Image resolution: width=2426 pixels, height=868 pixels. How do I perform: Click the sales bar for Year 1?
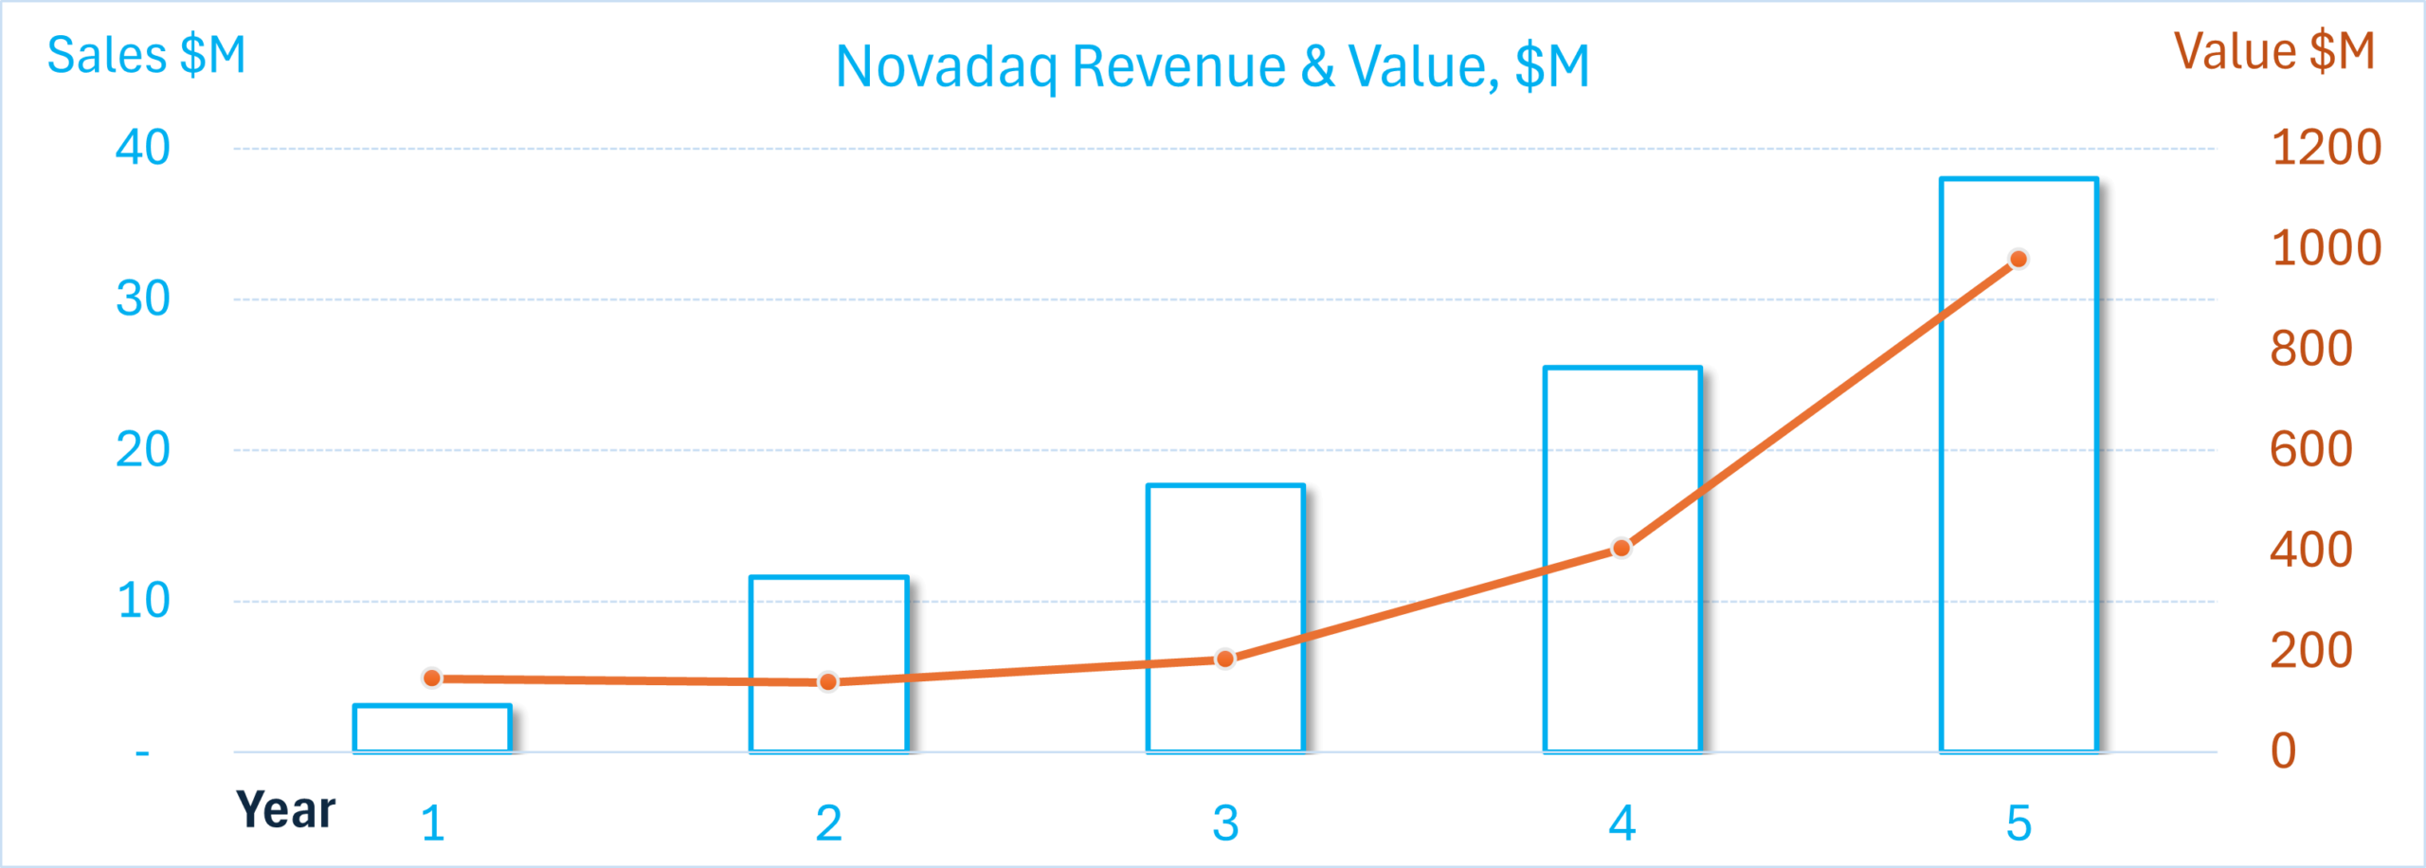click(432, 729)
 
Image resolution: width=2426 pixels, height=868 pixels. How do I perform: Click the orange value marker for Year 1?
click(432, 678)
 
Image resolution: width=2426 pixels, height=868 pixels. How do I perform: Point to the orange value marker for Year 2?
click(828, 681)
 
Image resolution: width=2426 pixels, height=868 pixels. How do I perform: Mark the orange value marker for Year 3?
click(1225, 659)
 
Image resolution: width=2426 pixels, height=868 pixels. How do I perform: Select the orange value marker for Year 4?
click(1621, 548)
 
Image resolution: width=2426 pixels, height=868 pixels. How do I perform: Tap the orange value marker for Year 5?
click(2019, 259)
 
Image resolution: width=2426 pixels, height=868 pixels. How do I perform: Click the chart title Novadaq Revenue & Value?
click(1212, 67)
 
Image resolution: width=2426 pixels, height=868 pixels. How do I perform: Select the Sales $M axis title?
click(146, 55)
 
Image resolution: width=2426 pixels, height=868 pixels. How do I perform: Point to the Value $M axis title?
click(2274, 51)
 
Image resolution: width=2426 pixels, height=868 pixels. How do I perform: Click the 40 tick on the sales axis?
click(142, 148)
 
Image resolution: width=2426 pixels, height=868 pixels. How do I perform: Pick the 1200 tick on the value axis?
click(2326, 148)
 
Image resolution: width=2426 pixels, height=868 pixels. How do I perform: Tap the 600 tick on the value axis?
click(2310, 449)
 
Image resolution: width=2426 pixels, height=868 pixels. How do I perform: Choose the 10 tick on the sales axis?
click(142, 601)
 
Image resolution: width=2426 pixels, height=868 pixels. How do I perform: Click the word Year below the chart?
click(285, 811)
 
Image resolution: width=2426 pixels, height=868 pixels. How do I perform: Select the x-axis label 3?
click(1225, 823)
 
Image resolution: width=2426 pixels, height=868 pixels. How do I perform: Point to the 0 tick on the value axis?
click(2284, 750)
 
